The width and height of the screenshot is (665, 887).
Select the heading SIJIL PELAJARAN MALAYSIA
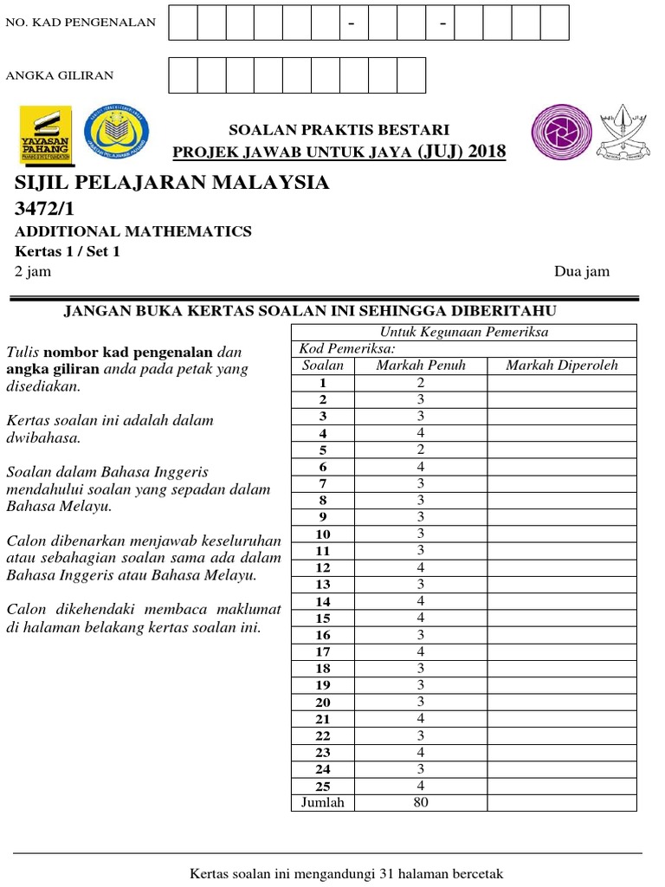coord(172,183)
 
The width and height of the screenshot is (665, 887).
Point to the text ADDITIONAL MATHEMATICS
coord(133,231)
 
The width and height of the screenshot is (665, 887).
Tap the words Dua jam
coord(582,271)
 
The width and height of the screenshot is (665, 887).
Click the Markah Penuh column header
coord(421,366)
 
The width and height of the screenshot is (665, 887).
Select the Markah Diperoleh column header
coord(562,366)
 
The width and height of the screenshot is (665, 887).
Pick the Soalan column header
coord(323,366)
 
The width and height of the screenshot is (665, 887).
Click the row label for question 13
coord(323,584)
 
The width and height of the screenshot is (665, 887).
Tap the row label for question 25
coord(323,786)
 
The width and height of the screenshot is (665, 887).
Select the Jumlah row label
coord(323,802)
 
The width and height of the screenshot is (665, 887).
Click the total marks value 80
coord(421,802)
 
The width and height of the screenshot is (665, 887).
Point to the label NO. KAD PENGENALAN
coord(81,23)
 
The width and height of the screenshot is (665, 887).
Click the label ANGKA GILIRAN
coord(60,75)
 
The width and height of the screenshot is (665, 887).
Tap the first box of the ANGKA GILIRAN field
coord(183,75)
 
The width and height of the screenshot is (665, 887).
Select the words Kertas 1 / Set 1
coord(68,251)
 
